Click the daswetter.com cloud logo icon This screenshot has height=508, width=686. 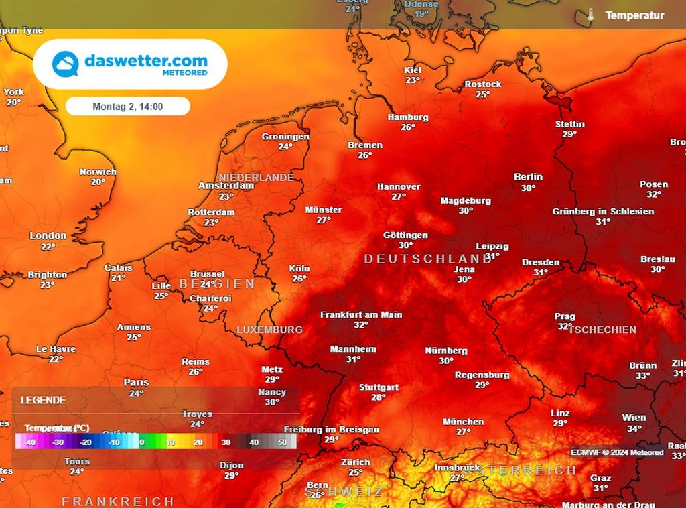point(66,64)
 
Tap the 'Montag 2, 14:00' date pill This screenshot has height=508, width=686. point(128,106)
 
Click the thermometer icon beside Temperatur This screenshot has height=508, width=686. point(590,15)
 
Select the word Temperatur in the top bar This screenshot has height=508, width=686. point(634,15)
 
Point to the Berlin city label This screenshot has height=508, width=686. point(528,177)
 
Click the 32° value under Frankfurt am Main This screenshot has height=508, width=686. point(361,325)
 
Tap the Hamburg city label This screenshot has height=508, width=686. point(408,117)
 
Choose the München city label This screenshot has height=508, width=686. point(463,422)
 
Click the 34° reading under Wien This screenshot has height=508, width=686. point(634,428)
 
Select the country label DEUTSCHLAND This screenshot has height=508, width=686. point(427,258)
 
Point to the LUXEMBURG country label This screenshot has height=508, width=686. point(269,330)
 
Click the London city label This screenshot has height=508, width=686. point(48,235)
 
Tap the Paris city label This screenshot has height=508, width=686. point(136,382)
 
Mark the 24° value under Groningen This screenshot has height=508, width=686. point(285,147)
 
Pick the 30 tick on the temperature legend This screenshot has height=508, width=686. point(226,442)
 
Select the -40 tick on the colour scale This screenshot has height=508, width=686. point(29,442)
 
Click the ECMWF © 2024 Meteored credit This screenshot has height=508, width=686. point(617,452)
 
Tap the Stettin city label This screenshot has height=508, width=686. point(569,124)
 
